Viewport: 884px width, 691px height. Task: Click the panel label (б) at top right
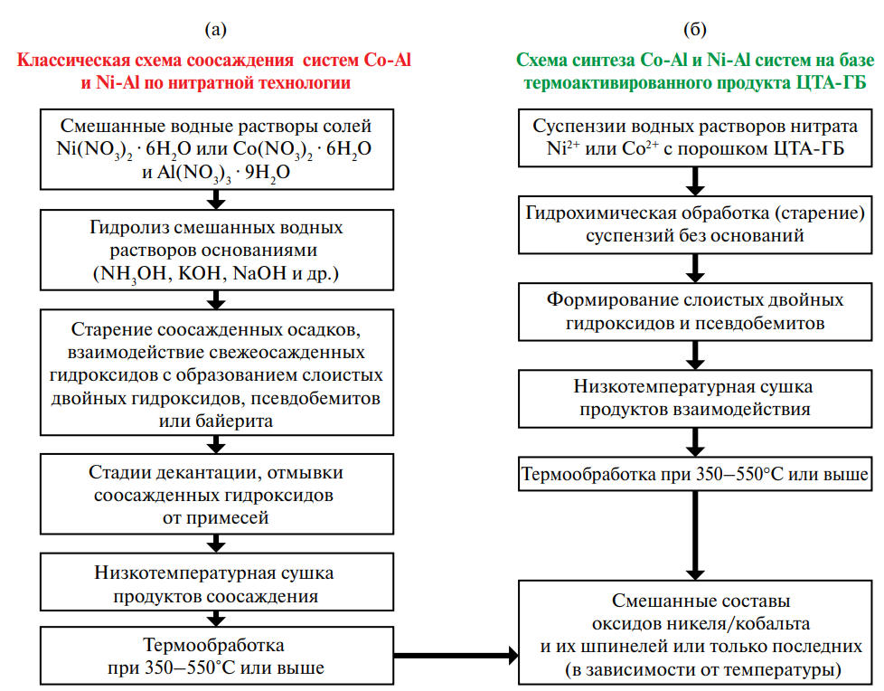[694, 30]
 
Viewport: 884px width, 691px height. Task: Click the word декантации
[210, 473]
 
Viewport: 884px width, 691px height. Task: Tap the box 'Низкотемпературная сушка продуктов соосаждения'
[215, 584]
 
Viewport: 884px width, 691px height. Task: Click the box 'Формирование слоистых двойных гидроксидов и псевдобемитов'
[695, 310]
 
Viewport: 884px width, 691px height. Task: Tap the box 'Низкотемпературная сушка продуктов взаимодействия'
[695, 398]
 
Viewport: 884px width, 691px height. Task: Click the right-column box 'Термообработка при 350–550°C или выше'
[695, 473]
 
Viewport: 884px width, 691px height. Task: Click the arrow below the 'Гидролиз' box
[215, 298]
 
